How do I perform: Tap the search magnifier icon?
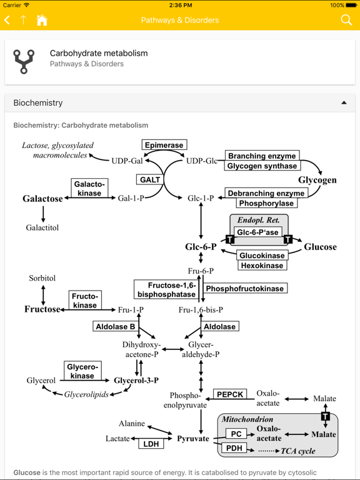tap(346, 20)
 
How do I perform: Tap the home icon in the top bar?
tap(42, 20)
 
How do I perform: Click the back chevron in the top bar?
tap(7, 20)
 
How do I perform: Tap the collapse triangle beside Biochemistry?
tap(344, 102)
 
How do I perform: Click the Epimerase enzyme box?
tap(164, 145)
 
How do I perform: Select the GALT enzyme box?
tap(150, 179)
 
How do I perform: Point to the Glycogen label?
tap(317, 180)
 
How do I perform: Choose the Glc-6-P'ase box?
tap(259, 232)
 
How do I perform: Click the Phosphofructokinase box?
tap(245, 288)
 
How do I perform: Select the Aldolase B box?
tap(115, 326)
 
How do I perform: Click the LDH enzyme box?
tap(151, 444)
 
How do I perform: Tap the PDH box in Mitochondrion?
tap(234, 447)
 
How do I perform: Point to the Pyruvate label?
tap(192, 439)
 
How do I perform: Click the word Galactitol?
tap(42, 227)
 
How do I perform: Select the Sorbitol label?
tap(42, 278)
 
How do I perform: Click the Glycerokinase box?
tap(82, 371)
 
